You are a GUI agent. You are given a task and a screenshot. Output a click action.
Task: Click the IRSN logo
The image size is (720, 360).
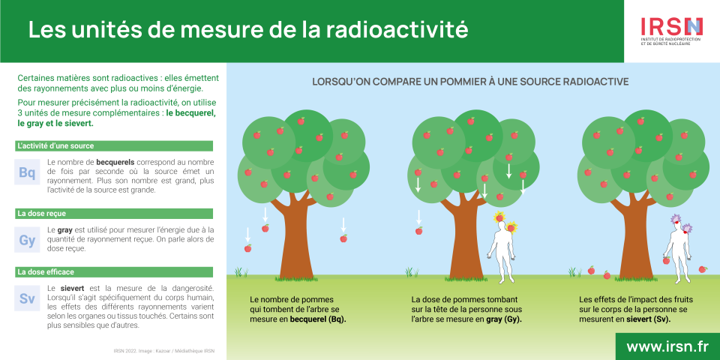point(672,31)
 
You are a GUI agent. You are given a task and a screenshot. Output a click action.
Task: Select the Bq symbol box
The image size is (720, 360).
point(27,172)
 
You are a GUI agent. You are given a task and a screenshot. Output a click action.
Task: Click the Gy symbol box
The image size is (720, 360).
point(27,240)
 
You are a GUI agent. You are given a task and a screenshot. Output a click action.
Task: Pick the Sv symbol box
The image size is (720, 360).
point(27,298)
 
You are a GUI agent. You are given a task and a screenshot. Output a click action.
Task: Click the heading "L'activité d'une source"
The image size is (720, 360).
point(55,146)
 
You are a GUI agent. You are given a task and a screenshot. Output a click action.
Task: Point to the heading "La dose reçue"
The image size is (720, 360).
point(41,214)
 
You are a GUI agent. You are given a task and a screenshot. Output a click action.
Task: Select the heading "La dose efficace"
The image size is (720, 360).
point(46,272)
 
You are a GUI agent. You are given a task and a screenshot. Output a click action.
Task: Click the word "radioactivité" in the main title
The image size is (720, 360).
point(397,29)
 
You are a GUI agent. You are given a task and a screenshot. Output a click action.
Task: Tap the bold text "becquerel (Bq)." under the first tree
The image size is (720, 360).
point(318,319)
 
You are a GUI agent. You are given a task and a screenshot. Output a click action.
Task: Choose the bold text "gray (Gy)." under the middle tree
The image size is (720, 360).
point(504,319)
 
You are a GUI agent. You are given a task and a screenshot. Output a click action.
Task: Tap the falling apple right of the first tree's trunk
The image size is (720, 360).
point(343,238)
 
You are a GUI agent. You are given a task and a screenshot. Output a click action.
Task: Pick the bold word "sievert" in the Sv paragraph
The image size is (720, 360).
point(72,289)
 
